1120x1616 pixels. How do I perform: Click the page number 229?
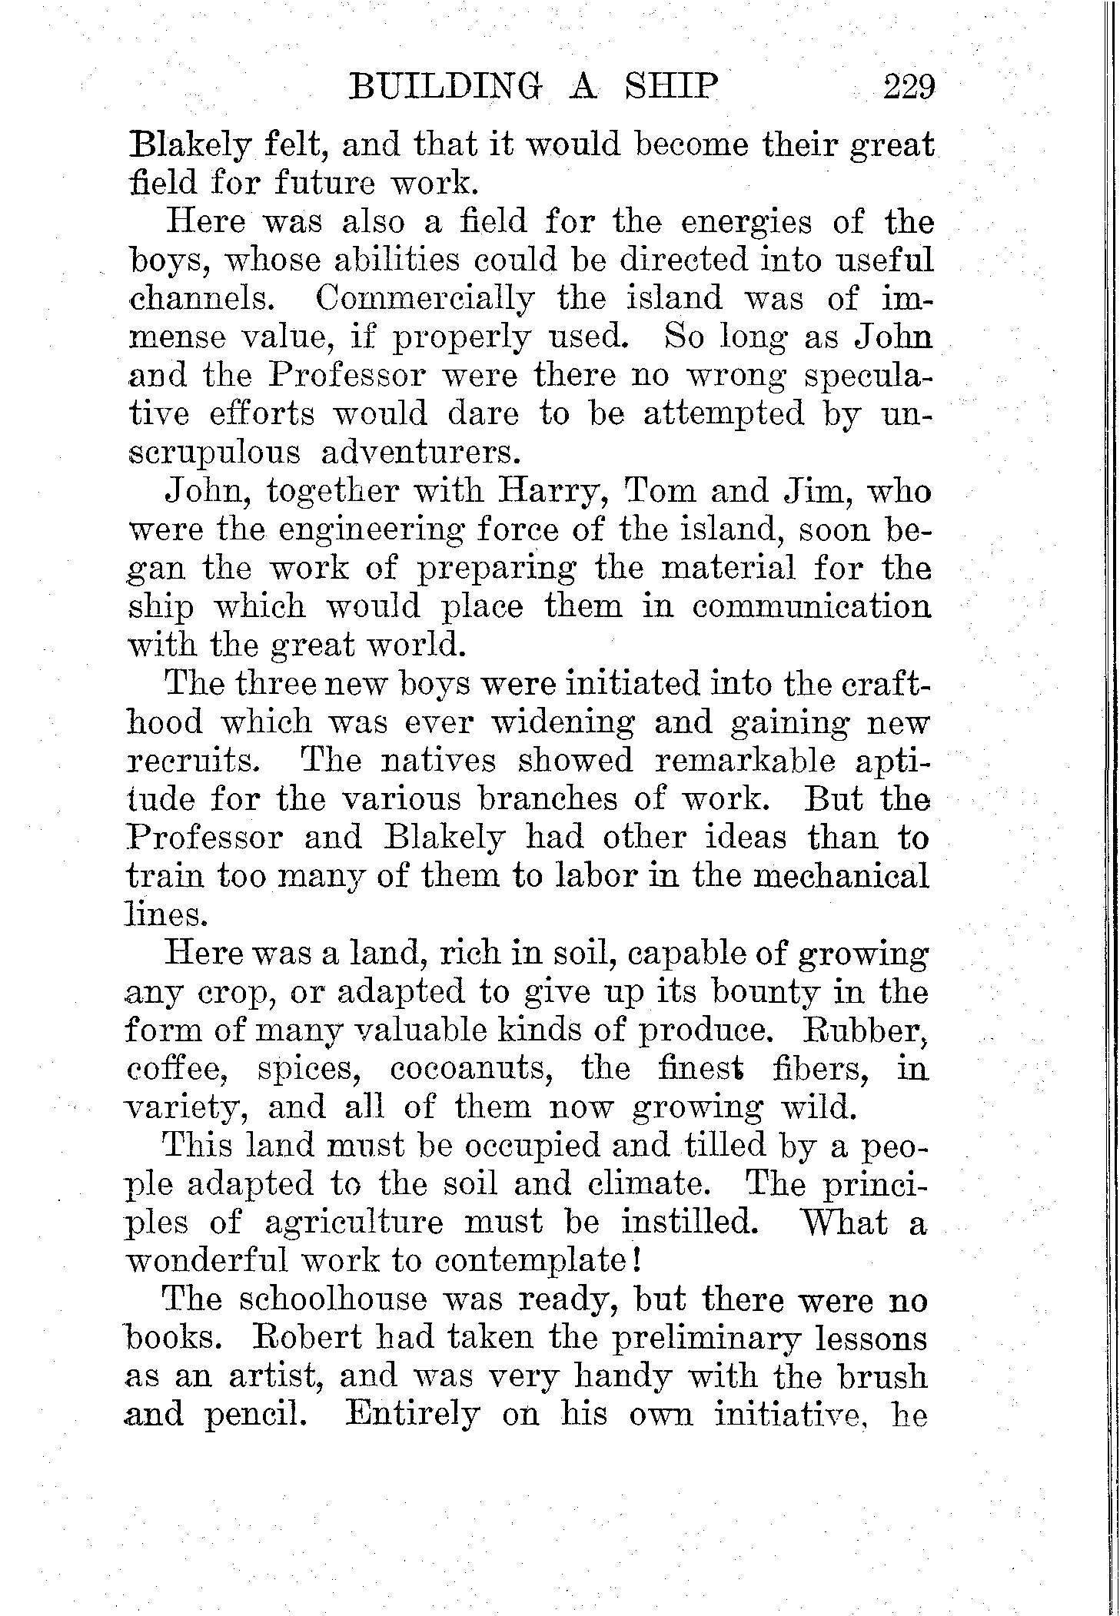(x=908, y=86)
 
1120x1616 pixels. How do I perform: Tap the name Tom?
(x=661, y=491)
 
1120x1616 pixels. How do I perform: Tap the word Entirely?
(x=412, y=1415)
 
